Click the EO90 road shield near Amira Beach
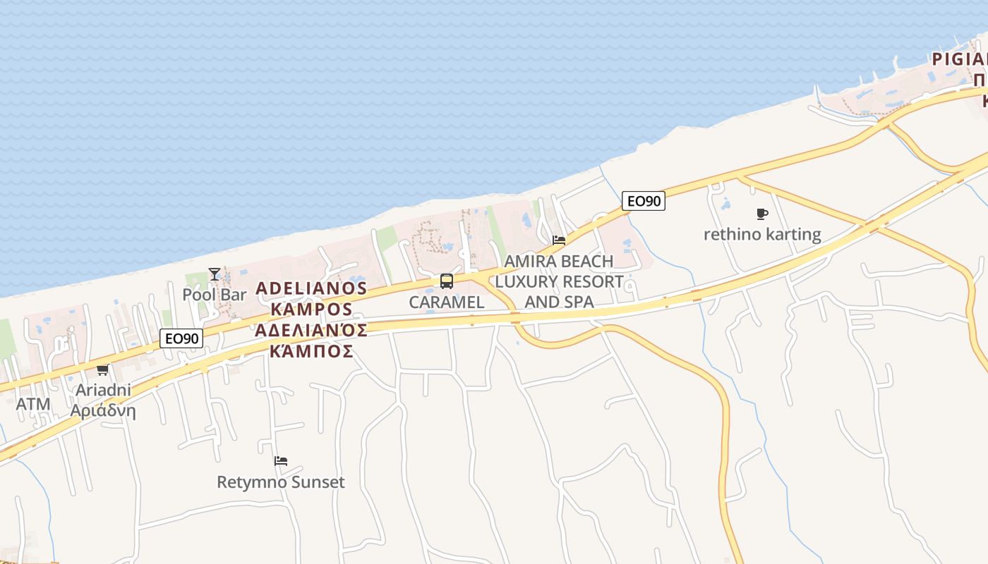click(x=643, y=201)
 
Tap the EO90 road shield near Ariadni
click(x=182, y=338)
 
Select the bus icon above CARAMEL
click(x=447, y=281)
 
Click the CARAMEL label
click(x=447, y=302)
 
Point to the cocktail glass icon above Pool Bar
click(x=215, y=274)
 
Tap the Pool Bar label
click(x=215, y=294)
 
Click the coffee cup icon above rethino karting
click(x=761, y=214)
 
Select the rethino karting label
click(x=762, y=234)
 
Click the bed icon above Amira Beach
click(x=559, y=240)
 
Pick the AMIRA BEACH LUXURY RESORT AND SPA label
click(x=559, y=282)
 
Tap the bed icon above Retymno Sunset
click(x=281, y=462)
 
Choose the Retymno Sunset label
click(x=281, y=482)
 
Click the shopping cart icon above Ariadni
click(x=102, y=369)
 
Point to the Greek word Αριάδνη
click(x=103, y=410)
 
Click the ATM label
click(x=33, y=404)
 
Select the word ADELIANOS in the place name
click(x=311, y=288)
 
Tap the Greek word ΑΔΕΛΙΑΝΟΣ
click(x=311, y=330)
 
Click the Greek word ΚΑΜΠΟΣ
click(x=311, y=350)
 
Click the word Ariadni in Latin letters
click(x=103, y=390)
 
